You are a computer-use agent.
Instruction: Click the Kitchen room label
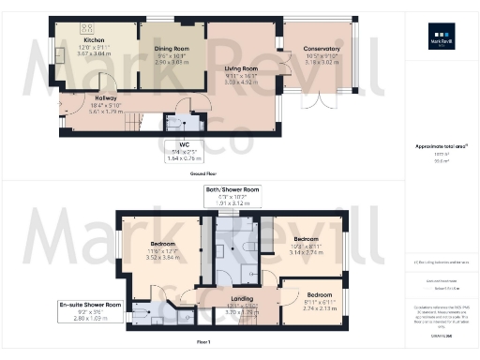click(93, 41)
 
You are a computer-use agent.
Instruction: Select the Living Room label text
click(241, 68)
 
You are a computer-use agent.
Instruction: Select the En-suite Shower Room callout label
click(91, 305)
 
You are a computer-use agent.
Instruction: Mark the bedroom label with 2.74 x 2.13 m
click(319, 293)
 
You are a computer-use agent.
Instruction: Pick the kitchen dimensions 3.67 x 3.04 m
click(93, 54)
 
